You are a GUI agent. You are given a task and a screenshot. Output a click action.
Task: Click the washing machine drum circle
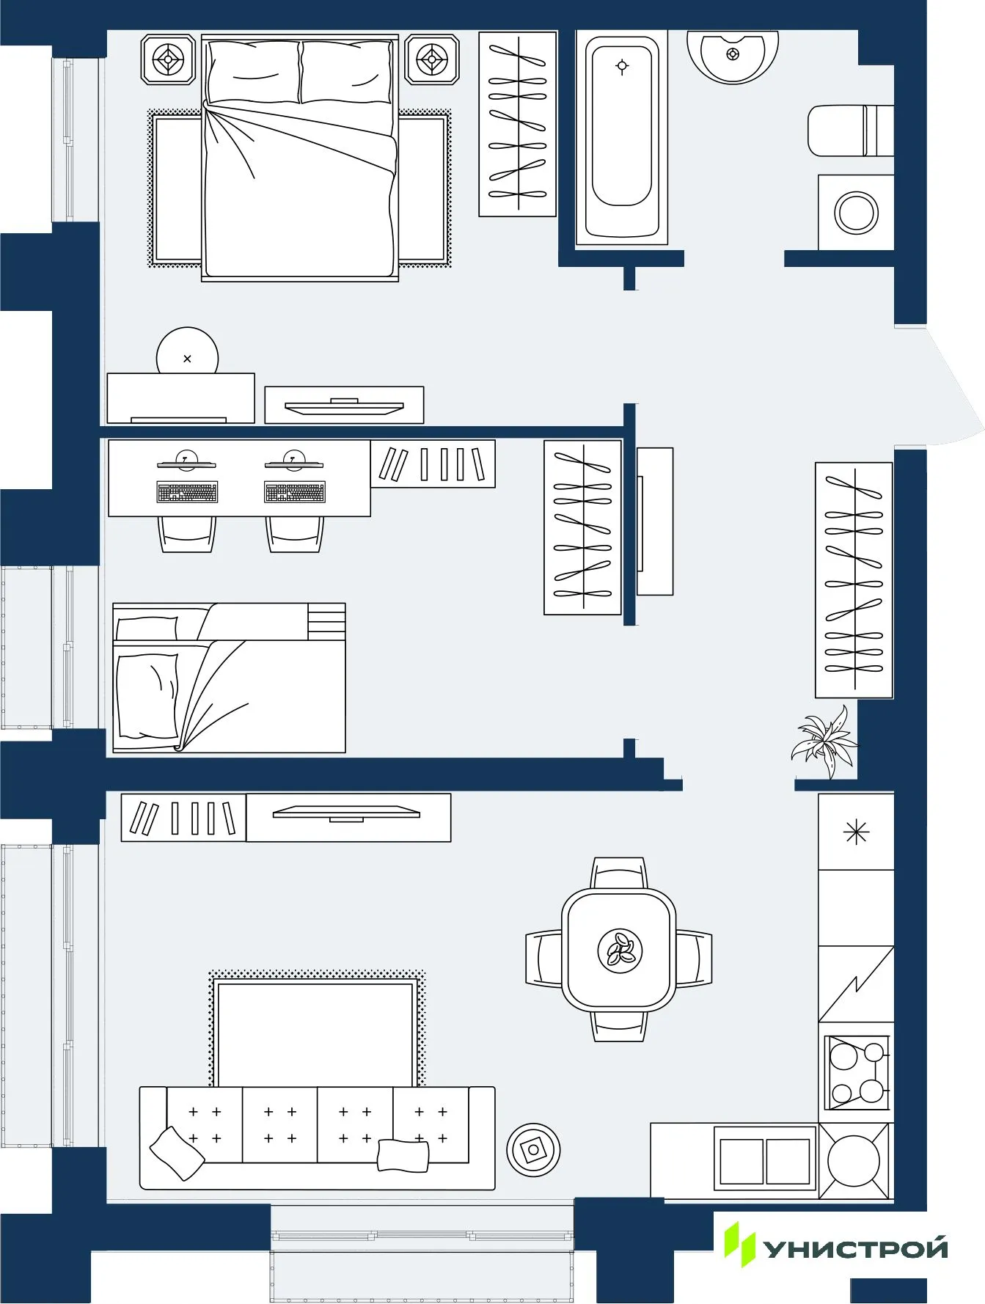click(855, 213)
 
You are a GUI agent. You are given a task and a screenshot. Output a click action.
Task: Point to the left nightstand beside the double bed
click(169, 59)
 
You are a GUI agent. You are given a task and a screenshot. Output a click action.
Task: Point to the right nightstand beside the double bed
click(432, 59)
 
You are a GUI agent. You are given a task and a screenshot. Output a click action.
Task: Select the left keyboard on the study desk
click(188, 492)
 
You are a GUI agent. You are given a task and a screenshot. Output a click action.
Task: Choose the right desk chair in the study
click(294, 534)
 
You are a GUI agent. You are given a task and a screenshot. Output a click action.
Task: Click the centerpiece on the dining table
click(620, 950)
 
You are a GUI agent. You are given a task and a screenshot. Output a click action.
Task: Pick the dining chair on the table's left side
click(543, 959)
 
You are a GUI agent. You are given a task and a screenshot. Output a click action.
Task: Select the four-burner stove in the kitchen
click(856, 1072)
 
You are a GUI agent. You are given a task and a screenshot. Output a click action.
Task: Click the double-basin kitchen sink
click(764, 1161)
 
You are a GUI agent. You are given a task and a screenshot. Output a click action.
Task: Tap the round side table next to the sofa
click(533, 1150)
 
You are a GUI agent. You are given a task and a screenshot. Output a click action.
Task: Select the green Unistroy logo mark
click(739, 1245)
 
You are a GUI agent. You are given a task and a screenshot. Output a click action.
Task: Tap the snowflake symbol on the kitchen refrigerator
click(856, 832)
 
